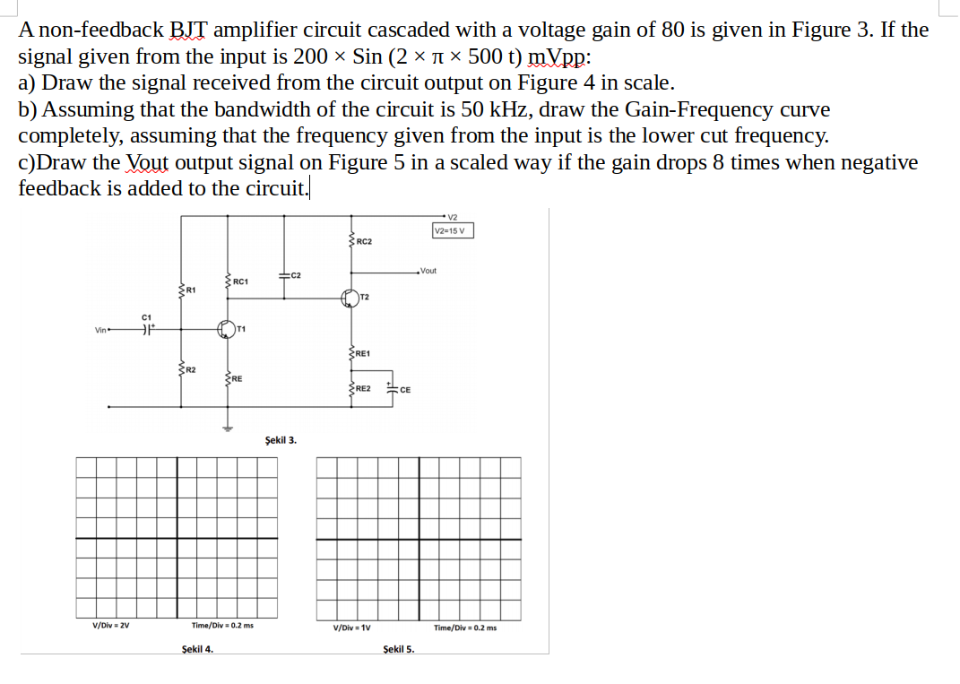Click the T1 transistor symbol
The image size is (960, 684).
tap(228, 330)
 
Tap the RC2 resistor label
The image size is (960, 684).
tap(364, 242)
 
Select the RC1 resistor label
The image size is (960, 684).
tap(240, 282)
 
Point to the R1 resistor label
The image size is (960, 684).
tap(190, 290)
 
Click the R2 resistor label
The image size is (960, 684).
tap(190, 369)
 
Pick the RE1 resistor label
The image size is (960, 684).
tap(364, 354)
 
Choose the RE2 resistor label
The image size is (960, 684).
tap(364, 388)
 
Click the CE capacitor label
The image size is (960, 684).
tap(405, 390)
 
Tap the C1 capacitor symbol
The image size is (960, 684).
tap(146, 330)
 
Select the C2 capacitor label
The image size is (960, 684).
tap(296, 274)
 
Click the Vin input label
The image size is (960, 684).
tap(100, 330)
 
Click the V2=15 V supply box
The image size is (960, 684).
tap(453, 230)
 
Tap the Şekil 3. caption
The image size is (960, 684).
tap(281, 440)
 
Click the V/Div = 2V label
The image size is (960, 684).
tap(112, 626)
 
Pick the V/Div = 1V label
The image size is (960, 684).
tap(352, 628)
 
